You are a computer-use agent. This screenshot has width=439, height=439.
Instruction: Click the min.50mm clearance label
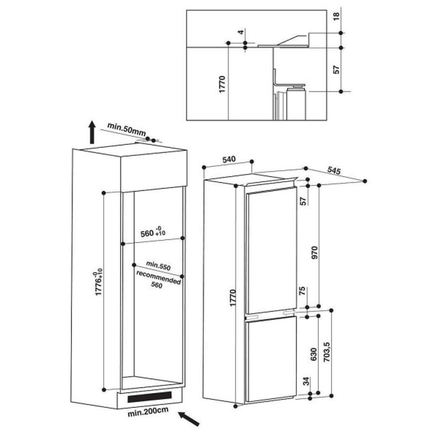tap(127, 130)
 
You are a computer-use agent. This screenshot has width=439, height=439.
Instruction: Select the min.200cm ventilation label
tap(148, 411)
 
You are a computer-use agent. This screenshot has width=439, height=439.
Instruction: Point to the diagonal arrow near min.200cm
tap(189, 419)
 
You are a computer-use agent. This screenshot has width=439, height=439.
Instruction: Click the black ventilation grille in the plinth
tap(149, 397)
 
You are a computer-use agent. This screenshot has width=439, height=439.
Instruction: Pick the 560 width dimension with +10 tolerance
tap(153, 232)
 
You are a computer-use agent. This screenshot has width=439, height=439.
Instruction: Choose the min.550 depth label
tap(158, 266)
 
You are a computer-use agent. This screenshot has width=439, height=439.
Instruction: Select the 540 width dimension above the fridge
tap(229, 160)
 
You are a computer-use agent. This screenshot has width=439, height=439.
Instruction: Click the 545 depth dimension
tap(334, 170)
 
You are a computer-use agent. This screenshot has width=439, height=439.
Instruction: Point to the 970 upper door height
tap(314, 252)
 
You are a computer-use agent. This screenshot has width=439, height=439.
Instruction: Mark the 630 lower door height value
tap(313, 354)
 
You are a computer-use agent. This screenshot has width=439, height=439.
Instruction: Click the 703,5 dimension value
tap(327, 352)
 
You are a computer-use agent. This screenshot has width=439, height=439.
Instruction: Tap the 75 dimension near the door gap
tap(302, 291)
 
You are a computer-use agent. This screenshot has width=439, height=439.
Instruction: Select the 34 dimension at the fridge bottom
tap(307, 381)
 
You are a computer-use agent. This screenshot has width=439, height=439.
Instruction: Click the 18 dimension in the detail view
tap(336, 16)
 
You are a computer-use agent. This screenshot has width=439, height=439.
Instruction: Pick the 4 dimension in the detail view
tap(241, 32)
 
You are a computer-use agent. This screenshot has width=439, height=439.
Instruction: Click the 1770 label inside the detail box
tap(222, 85)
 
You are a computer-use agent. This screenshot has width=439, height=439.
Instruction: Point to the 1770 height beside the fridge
tap(233, 298)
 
